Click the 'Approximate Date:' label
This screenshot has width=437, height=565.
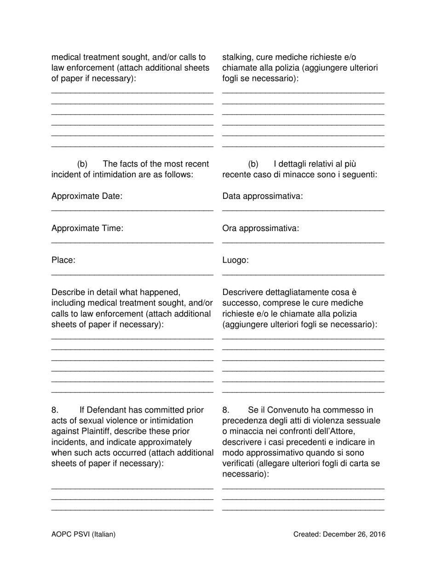87,197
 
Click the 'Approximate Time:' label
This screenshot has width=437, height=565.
87,228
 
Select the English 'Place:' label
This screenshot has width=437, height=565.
63,260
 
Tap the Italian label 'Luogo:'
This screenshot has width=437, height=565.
236,260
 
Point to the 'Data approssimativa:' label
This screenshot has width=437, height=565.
263,197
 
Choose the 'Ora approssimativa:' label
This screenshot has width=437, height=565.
260,228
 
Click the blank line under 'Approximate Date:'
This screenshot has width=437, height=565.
132,210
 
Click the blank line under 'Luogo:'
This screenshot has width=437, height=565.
303,274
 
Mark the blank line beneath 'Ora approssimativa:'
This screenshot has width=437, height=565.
303,242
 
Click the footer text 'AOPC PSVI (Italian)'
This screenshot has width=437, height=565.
84,534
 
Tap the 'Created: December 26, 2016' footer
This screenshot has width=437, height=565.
339,534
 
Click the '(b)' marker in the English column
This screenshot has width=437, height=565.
82,164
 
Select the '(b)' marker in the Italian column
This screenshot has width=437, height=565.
253,164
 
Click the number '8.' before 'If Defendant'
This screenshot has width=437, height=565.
55,410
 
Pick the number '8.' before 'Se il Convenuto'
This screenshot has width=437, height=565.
226,410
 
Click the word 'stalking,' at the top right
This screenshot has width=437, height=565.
238,57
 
